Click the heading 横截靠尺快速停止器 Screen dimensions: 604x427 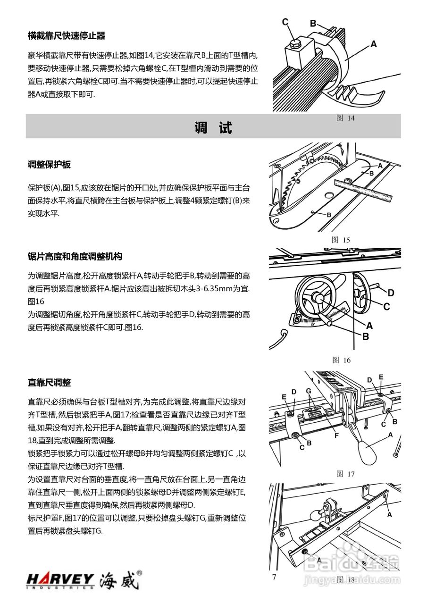click(x=66, y=36)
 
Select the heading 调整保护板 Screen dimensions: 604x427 click(x=49, y=165)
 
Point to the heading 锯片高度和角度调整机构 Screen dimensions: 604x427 click(x=75, y=257)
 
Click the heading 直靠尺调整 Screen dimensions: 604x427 click(x=49, y=382)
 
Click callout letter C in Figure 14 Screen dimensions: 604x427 click(x=285, y=22)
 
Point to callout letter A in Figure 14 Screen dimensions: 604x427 click(x=374, y=44)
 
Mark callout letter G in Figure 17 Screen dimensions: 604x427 click(x=308, y=391)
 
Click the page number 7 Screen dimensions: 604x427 click(x=274, y=577)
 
